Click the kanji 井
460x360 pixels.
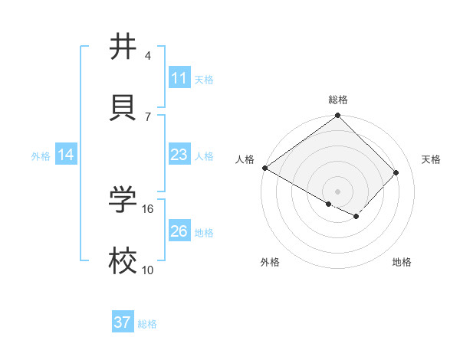click(x=123, y=47)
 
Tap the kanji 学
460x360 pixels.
click(x=123, y=198)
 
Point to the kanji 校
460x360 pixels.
click(x=123, y=260)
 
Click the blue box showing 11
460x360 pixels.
click(x=179, y=78)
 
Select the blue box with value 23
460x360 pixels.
click(x=179, y=155)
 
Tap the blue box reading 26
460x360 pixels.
click(x=179, y=231)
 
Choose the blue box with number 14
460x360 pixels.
click(x=66, y=155)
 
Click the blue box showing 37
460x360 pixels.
click(x=123, y=322)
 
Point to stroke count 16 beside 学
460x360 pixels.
click(x=148, y=208)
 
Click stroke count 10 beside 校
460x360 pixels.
click(x=148, y=270)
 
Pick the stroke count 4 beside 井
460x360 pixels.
click(x=148, y=56)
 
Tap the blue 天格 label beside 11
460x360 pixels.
click(x=204, y=79)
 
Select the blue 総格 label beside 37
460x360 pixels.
click(x=147, y=324)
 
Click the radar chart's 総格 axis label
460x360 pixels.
click(x=338, y=100)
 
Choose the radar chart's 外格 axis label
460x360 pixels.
click(x=270, y=262)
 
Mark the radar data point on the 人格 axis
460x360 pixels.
click(x=264, y=168)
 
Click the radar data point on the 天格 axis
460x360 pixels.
click(x=396, y=172)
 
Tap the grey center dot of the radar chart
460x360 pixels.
click(x=337, y=191)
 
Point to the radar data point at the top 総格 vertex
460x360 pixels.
click(x=337, y=116)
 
